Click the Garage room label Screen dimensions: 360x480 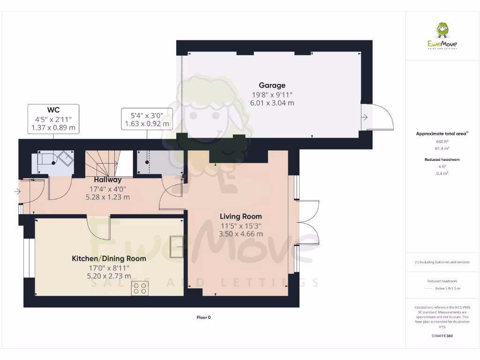coord(273,85)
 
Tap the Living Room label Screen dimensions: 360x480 coord(241,217)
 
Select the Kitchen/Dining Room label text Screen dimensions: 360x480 coord(109,258)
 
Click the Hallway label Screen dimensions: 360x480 coord(107,180)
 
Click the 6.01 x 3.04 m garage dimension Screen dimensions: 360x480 coord(273,103)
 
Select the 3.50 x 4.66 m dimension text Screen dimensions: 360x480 coord(241,233)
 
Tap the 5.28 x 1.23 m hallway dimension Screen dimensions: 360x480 coord(108,197)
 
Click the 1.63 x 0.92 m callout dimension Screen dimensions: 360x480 coord(147,124)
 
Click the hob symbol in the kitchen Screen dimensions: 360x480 coord(139,288)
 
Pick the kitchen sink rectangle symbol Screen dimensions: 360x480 coord(177,247)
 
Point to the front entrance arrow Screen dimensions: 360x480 coord(17,191)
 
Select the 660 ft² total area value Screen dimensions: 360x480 coord(442,141)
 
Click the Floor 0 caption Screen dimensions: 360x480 coord(203,317)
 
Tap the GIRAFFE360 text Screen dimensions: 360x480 coord(442,336)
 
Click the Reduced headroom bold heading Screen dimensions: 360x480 coord(442,159)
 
